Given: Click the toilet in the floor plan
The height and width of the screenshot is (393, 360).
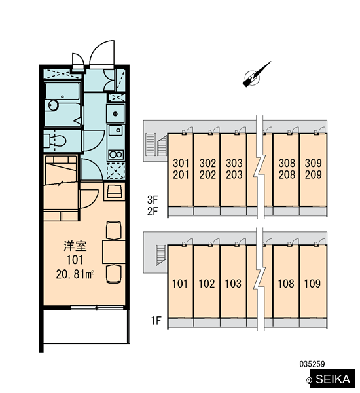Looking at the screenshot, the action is pos(55,141).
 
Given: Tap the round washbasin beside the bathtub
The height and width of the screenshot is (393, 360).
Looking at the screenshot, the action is pos(53,105).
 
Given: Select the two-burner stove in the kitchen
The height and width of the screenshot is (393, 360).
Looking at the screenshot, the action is pos(116,155).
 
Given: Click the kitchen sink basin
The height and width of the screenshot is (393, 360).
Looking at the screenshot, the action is pos(116,130).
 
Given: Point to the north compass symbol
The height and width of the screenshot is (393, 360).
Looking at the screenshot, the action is pos(256,75).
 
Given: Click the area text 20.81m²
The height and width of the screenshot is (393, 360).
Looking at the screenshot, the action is pos(75,274).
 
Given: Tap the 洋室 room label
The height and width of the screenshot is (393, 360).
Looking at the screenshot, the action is pos(75,246).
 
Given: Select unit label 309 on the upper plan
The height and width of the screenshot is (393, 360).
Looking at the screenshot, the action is pos(313,163).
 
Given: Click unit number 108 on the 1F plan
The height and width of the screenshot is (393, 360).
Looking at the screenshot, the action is pos(286,284).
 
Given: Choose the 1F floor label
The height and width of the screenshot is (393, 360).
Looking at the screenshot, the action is pos(156,320).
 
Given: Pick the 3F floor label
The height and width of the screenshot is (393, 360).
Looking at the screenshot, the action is pos(153,200).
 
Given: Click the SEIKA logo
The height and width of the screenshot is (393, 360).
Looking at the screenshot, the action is pos(333,379).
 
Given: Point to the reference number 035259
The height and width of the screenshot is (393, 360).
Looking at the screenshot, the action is pos(312,364).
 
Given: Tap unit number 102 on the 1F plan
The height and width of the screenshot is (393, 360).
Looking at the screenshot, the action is pos(207,284).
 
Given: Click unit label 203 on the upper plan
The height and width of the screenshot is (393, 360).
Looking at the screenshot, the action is pos(234,175).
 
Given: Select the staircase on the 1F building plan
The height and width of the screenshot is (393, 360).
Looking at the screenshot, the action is pos(160,255).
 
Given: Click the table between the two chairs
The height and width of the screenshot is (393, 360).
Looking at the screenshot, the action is pos(114,252).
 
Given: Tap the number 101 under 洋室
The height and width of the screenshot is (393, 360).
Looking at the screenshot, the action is pos(75,260).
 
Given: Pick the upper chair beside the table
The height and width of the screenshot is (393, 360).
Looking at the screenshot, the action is pos(114,230).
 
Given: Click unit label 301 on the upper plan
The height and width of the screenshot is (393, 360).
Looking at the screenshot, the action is pos(181,163).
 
